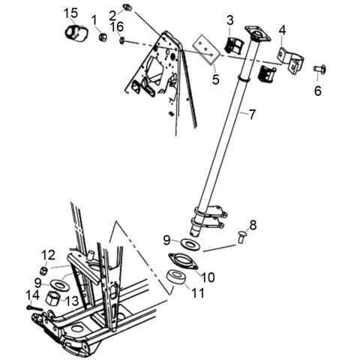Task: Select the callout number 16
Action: (x=116, y=27)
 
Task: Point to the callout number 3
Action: (x=230, y=19)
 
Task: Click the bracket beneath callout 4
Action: (x=288, y=57)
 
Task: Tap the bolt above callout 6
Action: (x=318, y=70)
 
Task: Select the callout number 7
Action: (x=253, y=115)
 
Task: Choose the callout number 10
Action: (x=208, y=277)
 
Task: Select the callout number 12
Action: (x=48, y=253)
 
